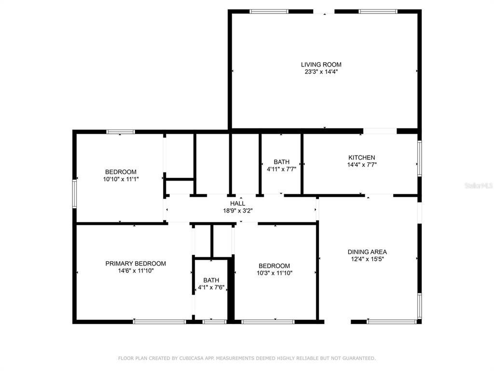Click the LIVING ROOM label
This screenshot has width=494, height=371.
(x=321, y=65)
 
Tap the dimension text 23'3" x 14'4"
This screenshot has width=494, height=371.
(x=321, y=72)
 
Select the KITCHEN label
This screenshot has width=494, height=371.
(x=362, y=157)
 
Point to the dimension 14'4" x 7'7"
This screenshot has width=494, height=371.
(x=362, y=165)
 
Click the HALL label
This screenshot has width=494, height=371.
(x=237, y=203)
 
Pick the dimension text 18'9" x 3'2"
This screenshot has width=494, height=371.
(x=237, y=211)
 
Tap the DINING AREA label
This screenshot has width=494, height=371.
(x=367, y=252)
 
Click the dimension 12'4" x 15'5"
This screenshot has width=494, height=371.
(x=367, y=259)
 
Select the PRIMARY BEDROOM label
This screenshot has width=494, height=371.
(x=136, y=263)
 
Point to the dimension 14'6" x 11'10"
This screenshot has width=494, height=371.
(x=136, y=271)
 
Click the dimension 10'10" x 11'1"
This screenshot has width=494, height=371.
(x=121, y=179)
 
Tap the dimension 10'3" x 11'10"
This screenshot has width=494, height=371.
(x=274, y=273)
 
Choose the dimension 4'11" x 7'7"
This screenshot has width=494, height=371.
(x=281, y=169)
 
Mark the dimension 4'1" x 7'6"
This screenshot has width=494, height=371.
(x=211, y=288)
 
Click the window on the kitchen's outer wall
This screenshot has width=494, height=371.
(x=419, y=158)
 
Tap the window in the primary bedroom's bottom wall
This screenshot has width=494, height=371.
(x=159, y=322)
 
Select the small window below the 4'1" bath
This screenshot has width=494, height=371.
(x=214, y=322)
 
